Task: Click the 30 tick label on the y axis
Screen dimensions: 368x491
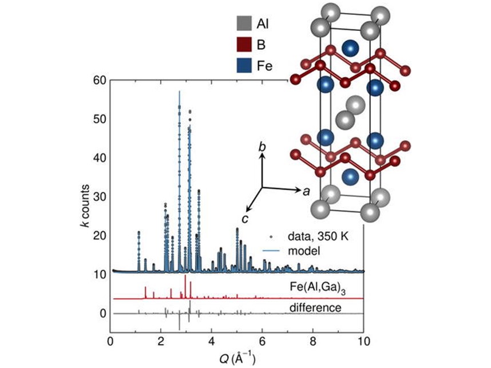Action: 98,197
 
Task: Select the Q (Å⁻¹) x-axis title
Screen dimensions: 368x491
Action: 236,360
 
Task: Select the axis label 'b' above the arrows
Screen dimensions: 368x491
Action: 262,147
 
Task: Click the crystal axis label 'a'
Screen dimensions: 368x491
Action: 306,192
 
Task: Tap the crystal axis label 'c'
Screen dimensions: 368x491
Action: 244,218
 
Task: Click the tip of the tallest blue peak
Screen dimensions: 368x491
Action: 180,91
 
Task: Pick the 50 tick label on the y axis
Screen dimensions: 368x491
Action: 98,119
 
